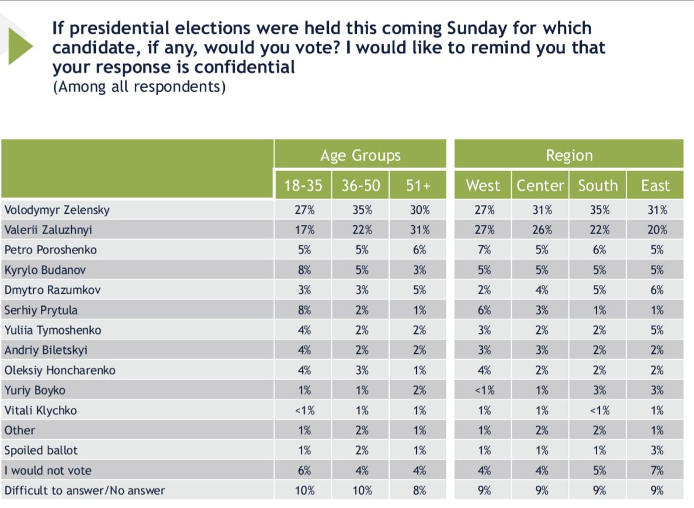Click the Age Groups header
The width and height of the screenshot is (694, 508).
tap(360, 155)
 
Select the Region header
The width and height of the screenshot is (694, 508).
tap(569, 155)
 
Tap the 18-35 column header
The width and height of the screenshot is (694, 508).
tap(303, 186)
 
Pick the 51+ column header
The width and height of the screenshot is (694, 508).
tap(418, 186)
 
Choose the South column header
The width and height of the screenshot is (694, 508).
tap(598, 186)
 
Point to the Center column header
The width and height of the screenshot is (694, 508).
tap(540, 186)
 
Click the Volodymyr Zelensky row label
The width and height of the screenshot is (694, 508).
tap(57, 210)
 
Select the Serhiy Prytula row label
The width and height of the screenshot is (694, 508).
tap(41, 310)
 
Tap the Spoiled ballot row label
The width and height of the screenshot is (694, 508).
tap(41, 450)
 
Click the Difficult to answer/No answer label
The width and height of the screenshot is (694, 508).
tap(85, 490)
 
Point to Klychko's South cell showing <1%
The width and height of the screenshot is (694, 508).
tap(598, 410)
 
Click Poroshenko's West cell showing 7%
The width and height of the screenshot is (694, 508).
tap(484, 250)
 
